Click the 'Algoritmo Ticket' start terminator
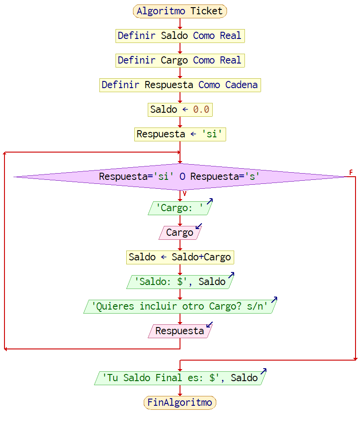pyautogui.click(x=180, y=11)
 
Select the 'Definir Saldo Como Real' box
pyautogui.click(x=180, y=36)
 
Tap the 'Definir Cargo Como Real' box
pyautogui.click(x=180, y=60)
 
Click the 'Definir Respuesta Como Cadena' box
pyautogui.click(x=180, y=85)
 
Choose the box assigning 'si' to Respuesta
pyautogui.click(x=180, y=134)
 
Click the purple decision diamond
pyautogui.click(x=180, y=177)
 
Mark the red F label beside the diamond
pyautogui.click(x=351, y=172)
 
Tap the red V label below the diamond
pyautogui.click(x=184, y=194)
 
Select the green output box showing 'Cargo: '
pyautogui.click(x=180, y=208)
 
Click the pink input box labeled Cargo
pyautogui.click(x=180, y=233)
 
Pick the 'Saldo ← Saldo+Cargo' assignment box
pyautogui.click(x=180, y=257)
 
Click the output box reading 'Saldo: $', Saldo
pyautogui.click(x=180, y=282)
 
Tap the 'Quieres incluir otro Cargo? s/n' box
pyautogui.click(x=180, y=306)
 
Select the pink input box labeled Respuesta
pyautogui.click(x=180, y=331)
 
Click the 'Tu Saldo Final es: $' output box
pyautogui.click(x=180, y=378)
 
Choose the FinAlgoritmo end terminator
pyautogui.click(x=180, y=403)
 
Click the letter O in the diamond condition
pyautogui.click(x=182, y=177)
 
